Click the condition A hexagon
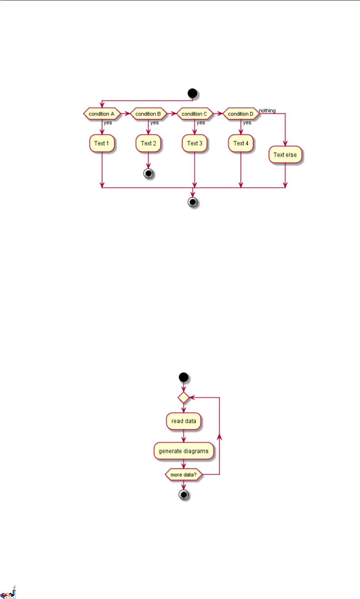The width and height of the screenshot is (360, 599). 101,114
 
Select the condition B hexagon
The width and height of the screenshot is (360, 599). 148,114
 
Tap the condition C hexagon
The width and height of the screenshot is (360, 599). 194,114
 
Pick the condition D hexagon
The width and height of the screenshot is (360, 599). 241,114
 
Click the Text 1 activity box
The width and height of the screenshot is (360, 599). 101,143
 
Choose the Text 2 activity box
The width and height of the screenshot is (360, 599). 148,143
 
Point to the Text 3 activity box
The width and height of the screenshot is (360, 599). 195,143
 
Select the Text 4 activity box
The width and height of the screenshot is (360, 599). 241,143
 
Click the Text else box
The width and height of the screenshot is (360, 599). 285,155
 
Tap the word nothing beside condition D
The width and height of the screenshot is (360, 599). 267,111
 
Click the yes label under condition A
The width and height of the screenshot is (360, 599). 108,123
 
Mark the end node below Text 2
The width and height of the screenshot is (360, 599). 148,174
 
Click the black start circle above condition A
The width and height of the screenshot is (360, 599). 193,94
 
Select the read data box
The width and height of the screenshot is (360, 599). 184,421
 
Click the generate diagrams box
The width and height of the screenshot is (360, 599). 184,451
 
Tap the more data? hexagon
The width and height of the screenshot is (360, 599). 183,474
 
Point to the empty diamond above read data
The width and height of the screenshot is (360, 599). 183,397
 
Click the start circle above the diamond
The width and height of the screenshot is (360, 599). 183,376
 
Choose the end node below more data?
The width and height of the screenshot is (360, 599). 183,495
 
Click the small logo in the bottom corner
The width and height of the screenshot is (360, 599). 8,592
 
